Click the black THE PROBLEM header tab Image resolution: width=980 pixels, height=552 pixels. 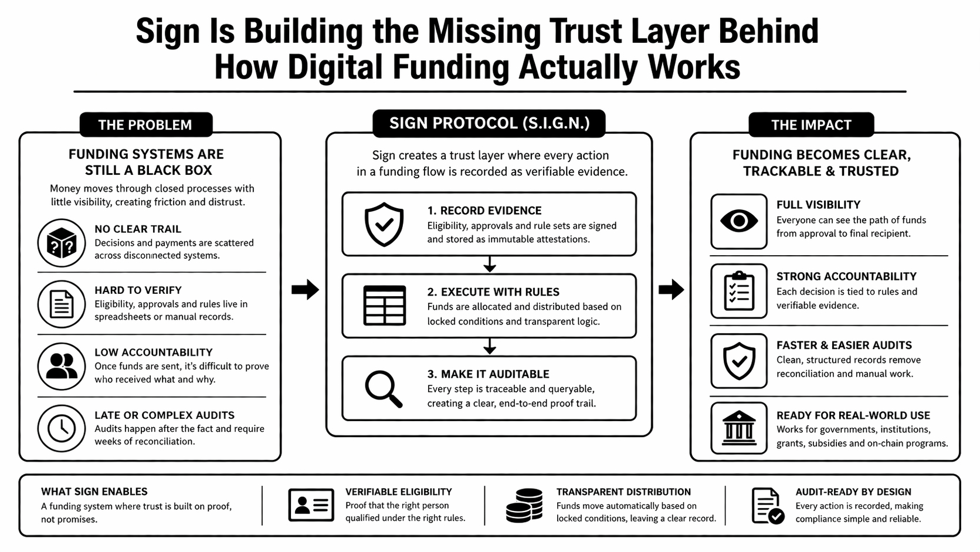tap(145, 125)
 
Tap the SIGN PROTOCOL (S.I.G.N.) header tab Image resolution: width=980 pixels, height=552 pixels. tap(489, 123)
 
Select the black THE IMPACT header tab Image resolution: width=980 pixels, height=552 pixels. tap(811, 125)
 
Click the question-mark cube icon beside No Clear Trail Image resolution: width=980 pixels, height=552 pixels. tap(62, 243)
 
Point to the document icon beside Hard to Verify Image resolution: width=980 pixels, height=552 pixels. tap(62, 304)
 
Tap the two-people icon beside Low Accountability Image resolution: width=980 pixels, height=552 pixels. tap(62, 366)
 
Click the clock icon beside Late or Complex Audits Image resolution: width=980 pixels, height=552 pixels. tap(62, 428)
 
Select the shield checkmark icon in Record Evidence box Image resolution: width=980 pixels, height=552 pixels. tap(384, 224)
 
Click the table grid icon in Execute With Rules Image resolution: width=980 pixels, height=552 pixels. tap(384, 306)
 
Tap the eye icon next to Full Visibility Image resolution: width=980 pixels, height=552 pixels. tap(739, 221)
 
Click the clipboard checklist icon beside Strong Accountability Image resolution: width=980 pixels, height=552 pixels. tap(739, 291)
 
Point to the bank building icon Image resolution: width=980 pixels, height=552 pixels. tap(739, 428)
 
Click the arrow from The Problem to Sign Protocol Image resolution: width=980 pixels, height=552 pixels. tap(305, 289)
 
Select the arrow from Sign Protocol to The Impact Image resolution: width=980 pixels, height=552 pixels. tap(671, 289)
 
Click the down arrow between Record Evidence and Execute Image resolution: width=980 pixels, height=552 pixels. tap(490, 265)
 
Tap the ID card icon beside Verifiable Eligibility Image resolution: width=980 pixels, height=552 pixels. tap(311, 505)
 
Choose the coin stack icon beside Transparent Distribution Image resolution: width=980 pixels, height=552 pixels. tap(524, 505)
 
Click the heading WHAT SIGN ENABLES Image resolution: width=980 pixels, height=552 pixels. tap(94, 492)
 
